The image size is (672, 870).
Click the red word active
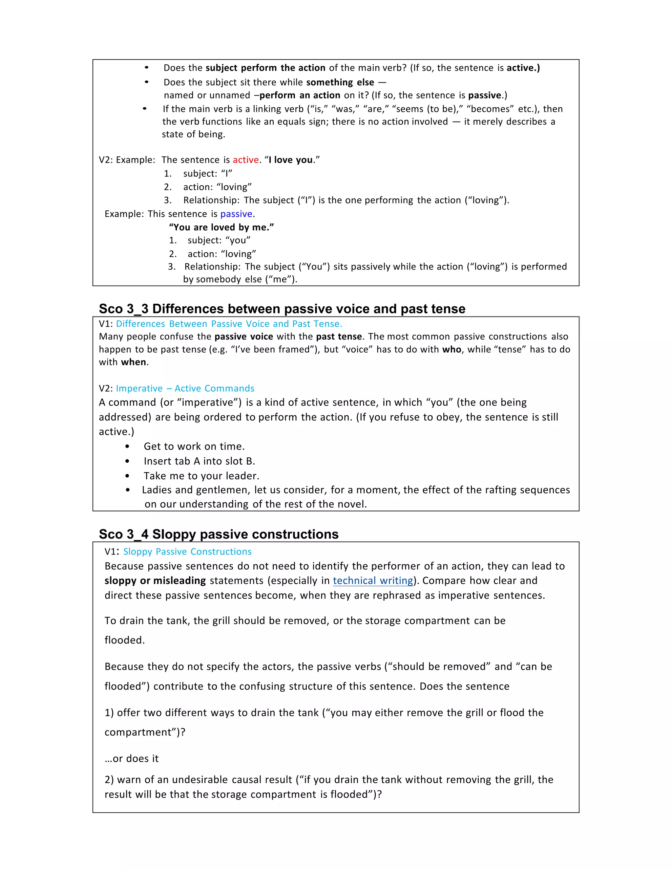pyautogui.click(x=246, y=160)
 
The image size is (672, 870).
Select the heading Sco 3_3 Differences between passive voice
pyautogui.click(x=282, y=309)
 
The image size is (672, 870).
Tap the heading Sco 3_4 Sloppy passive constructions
pyautogui.click(x=219, y=534)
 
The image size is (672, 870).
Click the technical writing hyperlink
pyautogui.click(x=373, y=581)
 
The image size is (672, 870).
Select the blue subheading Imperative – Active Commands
pyautogui.click(x=185, y=388)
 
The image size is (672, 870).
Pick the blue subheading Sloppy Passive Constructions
pyautogui.click(x=187, y=552)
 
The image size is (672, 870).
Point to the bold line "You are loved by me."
pyautogui.click(x=221, y=227)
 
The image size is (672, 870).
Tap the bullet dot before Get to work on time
pyautogui.click(x=127, y=446)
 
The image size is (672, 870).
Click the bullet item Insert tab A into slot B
pyautogui.click(x=199, y=461)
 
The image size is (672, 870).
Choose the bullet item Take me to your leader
pyautogui.click(x=201, y=476)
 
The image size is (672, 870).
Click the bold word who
pyautogui.click(x=452, y=349)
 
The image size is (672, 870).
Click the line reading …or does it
pyautogui.click(x=131, y=758)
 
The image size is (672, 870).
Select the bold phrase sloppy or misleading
pyautogui.click(x=155, y=581)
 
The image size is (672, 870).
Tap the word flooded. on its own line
pyautogui.click(x=125, y=640)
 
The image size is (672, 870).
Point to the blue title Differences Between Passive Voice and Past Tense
pyautogui.click(x=229, y=324)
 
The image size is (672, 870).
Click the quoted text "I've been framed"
pyautogui.click(x=272, y=349)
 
